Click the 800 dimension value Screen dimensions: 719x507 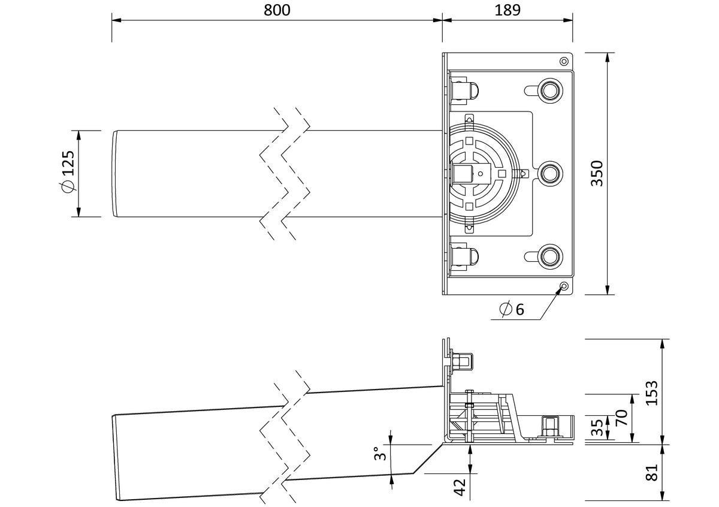tap(277, 10)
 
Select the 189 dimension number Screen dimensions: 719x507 tap(507, 10)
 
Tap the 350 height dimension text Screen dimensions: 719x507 tap(597, 173)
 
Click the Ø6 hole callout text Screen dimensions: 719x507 tap(512, 309)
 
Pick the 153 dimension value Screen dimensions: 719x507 tap(652, 393)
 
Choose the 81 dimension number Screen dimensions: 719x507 tap(652, 473)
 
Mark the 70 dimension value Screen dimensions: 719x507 tap(622, 418)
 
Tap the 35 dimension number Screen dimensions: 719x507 tap(597, 428)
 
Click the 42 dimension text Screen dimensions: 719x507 tap(460, 487)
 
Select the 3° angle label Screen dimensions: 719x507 tap(380, 454)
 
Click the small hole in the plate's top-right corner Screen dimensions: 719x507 tap(564, 61)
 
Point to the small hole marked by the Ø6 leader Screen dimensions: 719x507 tap(564, 286)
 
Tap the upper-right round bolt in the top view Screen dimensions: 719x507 tap(550, 90)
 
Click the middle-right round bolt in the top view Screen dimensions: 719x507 tap(550, 174)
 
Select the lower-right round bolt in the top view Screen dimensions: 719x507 tap(550, 256)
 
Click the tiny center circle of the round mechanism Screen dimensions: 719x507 tap(481, 174)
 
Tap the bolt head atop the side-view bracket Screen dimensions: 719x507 tap(462, 361)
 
